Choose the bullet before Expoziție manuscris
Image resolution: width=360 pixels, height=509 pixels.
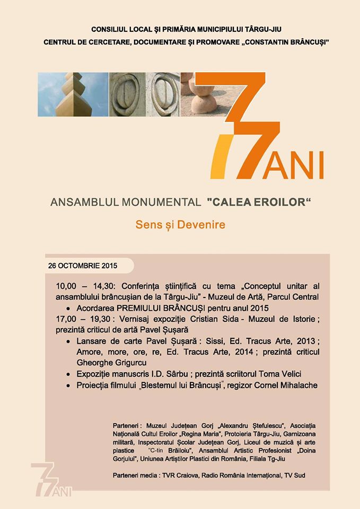[69, 374]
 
